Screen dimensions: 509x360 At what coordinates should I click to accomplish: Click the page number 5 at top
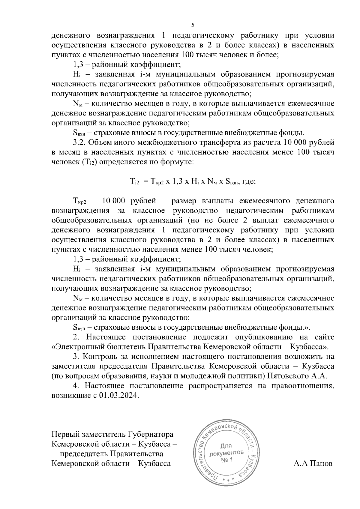[193, 25]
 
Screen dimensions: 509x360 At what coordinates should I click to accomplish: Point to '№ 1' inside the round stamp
[227, 460]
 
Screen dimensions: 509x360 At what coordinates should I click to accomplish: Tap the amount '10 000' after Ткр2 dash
[113, 201]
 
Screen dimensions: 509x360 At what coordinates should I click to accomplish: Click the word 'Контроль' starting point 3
[97, 357]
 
